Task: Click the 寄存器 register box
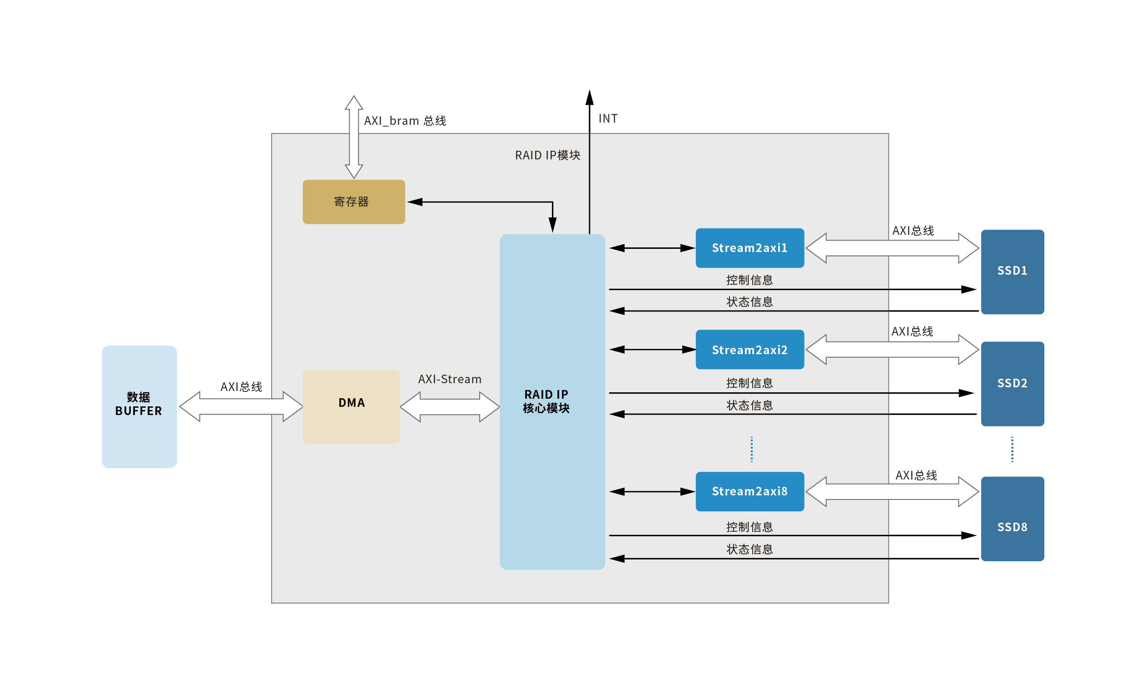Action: tap(353, 202)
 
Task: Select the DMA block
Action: tap(351, 406)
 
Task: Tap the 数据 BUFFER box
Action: tap(139, 406)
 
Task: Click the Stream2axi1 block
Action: tap(750, 248)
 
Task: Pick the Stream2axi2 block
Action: tap(750, 350)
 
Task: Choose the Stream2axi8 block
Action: tap(750, 491)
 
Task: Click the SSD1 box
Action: tap(1012, 272)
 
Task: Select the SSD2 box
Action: tap(1012, 384)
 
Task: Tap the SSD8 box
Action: tap(1012, 519)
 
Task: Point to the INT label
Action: tap(608, 119)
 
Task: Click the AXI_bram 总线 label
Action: tap(405, 121)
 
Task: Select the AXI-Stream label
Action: tap(450, 379)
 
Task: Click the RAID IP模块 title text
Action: tap(547, 155)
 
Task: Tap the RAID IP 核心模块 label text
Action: tap(546, 401)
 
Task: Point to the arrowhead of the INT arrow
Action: tap(590, 97)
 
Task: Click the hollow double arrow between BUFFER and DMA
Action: tap(241, 406)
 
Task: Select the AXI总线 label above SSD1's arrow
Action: tap(913, 230)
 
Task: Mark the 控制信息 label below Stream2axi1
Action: tap(750, 280)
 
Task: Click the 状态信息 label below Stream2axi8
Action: tap(750, 549)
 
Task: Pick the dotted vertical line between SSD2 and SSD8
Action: tap(1012, 450)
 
